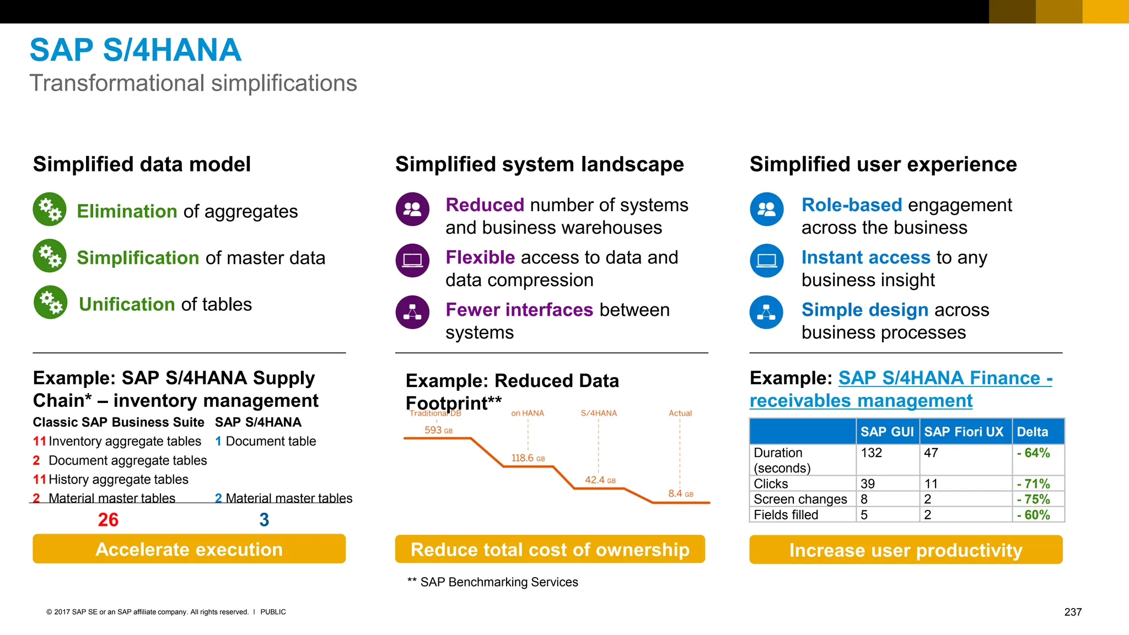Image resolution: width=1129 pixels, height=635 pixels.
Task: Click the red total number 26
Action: pos(108,520)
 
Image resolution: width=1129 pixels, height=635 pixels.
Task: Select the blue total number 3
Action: pos(264,520)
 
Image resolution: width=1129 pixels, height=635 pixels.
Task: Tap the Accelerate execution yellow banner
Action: pos(189,549)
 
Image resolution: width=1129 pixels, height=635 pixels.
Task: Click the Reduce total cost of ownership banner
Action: pos(550,549)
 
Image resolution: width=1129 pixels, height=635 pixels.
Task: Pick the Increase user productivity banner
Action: pos(905,550)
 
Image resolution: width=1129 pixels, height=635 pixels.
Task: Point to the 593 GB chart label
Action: pos(438,430)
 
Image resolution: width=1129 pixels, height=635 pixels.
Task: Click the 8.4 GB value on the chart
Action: pos(680,493)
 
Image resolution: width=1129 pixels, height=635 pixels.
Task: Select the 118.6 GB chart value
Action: pos(528,458)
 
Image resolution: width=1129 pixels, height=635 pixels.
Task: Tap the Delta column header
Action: pos(1032,432)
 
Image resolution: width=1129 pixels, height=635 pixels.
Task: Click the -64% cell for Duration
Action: pos(1033,453)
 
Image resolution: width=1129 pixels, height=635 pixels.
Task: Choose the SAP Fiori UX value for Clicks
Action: pos(931,483)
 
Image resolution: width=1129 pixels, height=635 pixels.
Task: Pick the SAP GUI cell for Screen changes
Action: pos(864,499)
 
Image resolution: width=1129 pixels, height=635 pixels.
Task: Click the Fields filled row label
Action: pos(786,514)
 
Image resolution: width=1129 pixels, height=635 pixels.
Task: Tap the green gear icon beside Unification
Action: pos(50,302)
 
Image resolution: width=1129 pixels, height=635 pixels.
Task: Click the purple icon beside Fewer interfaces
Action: pos(412,312)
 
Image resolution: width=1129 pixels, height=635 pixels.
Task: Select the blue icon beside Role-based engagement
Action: pos(766,209)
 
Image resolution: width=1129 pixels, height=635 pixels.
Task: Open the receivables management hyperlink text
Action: pos(861,401)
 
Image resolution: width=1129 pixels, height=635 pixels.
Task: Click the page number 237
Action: pos(1073,612)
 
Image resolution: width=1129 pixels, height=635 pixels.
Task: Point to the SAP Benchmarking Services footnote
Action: pos(493,582)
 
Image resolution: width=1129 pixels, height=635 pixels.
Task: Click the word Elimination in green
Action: pos(127,212)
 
